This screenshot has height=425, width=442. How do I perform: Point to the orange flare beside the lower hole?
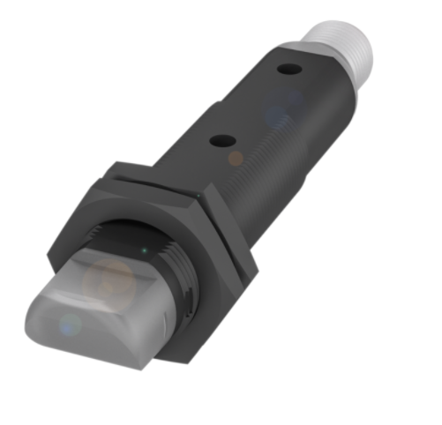coord(236,158)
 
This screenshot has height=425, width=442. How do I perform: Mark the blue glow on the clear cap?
coord(67,326)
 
